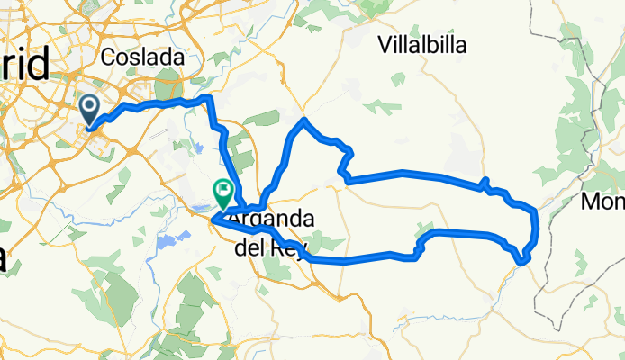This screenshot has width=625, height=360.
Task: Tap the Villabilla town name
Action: click(x=422, y=45)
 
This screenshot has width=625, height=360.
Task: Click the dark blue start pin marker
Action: click(x=90, y=110)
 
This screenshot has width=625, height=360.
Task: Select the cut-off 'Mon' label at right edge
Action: click(x=602, y=202)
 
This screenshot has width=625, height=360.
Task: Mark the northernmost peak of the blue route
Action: click(x=305, y=120)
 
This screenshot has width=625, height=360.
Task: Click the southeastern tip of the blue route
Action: click(x=523, y=261)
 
